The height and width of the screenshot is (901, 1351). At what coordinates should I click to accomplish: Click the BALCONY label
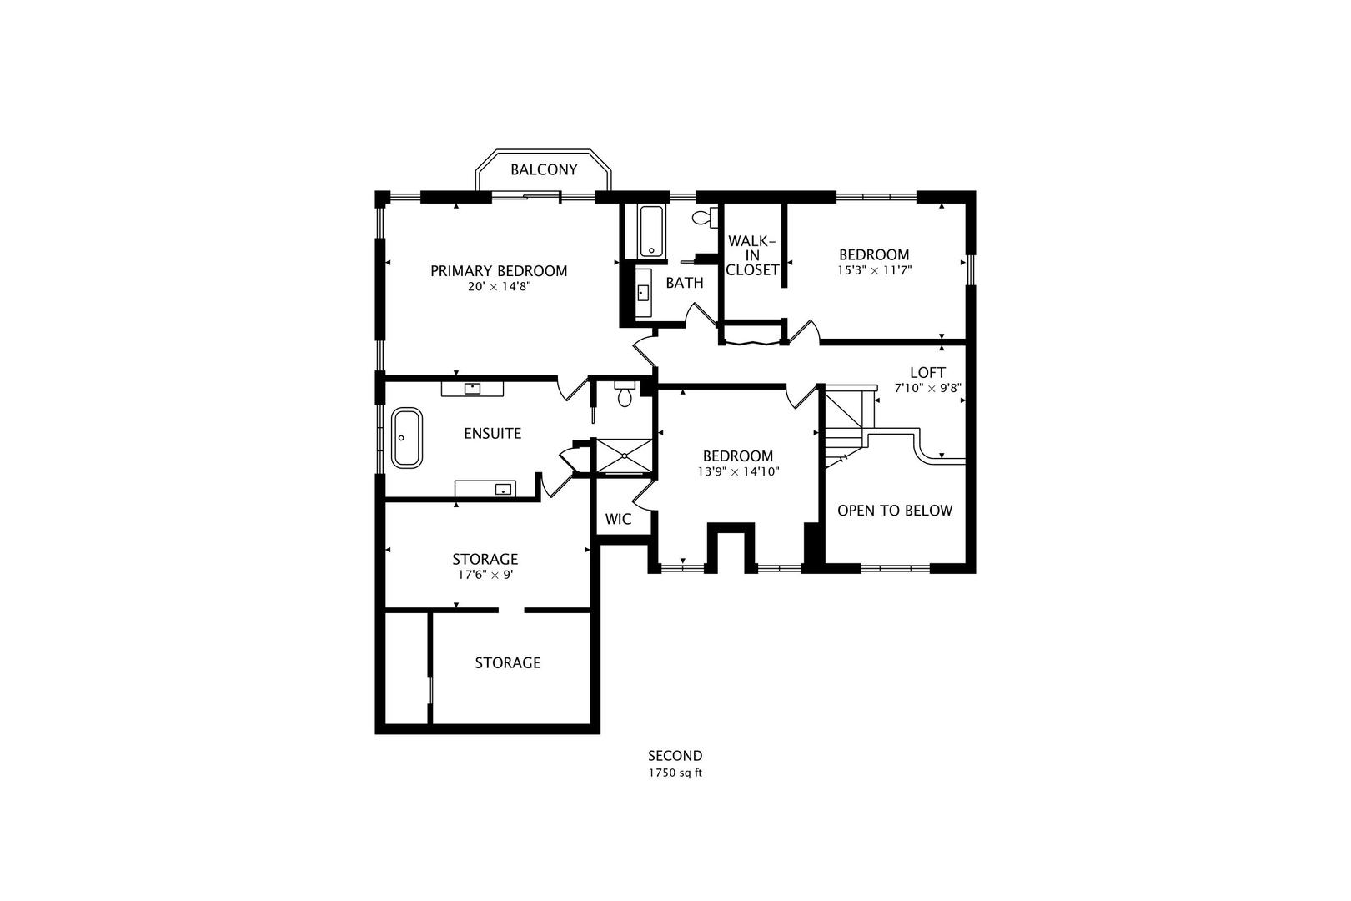tap(544, 169)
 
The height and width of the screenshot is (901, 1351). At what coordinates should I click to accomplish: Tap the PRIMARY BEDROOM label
tap(499, 270)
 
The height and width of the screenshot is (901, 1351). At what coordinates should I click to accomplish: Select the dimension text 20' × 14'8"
tap(499, 286)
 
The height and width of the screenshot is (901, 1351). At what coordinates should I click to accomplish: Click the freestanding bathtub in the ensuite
tap(407, 437)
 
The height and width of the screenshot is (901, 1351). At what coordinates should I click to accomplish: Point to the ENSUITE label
tap(492, 433)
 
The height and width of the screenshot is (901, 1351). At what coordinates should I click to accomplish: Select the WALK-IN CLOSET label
tap(752, 255)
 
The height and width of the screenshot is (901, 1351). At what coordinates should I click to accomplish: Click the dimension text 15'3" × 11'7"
tap(874, 270)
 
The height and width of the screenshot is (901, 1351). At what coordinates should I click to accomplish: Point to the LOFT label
tap(927, 372)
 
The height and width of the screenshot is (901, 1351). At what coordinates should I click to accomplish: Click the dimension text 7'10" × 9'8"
tap(927, 388)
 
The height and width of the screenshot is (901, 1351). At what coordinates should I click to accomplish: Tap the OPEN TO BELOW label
tap(894, 510)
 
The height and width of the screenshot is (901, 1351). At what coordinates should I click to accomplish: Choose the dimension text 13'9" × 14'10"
tap(738, 471)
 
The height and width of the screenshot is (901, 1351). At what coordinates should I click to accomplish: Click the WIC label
tap(618, 519)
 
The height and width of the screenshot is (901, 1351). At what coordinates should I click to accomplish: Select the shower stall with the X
tap(624, 456)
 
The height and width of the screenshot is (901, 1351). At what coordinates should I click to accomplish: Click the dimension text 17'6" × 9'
tap(485, 575)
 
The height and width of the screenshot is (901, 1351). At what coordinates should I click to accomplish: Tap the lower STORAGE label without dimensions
tap(507, 662)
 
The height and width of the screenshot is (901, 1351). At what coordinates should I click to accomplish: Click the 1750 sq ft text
tap(675, 773)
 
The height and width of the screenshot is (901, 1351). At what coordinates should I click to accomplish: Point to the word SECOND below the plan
tap(675, 756)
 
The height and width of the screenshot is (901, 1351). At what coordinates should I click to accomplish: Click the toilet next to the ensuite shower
tap(625, 395)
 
